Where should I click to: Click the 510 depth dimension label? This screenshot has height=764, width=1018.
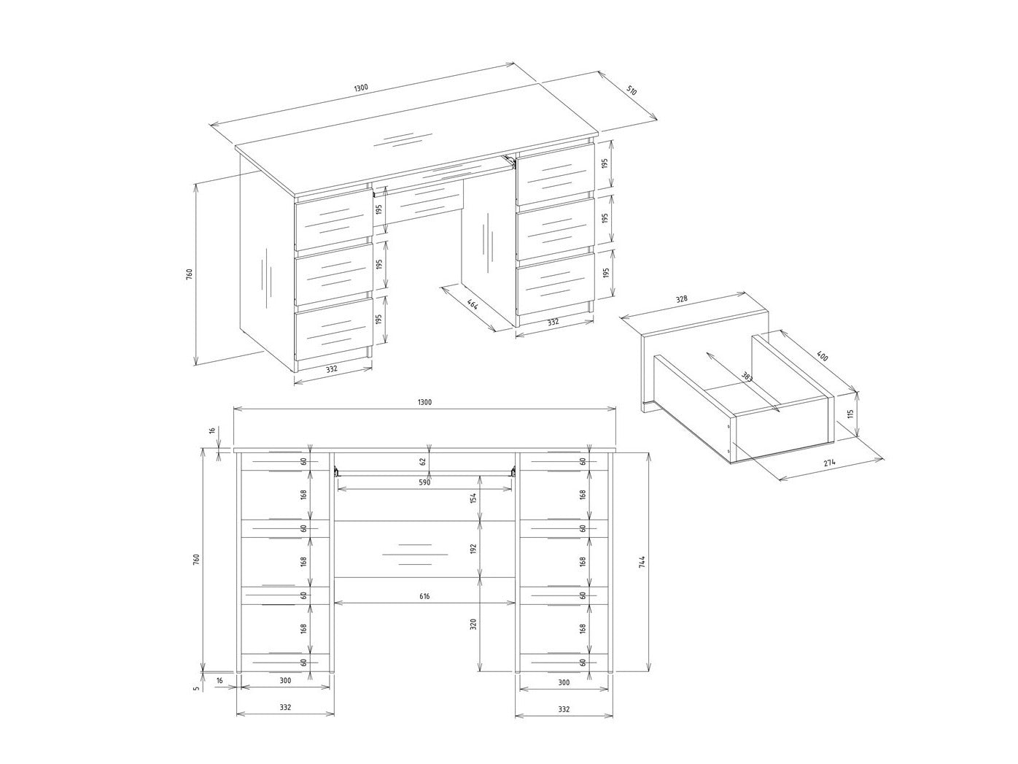(x=632, y=90)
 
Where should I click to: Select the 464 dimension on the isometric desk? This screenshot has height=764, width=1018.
(x=473, y=305)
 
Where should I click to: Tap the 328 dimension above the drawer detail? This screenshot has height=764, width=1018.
(x=681, y=299)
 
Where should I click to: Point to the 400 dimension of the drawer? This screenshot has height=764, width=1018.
(x=822, y=356)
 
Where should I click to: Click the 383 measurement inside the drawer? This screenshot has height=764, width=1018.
(x=747, y=376)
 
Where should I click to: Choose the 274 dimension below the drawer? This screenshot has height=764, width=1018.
(x=830, y=463)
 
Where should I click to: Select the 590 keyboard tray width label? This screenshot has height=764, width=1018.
(x=424, y=482)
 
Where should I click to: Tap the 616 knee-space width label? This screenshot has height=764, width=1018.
(x=424, y=596)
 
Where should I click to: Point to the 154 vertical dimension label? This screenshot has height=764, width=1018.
(x=473, y=498)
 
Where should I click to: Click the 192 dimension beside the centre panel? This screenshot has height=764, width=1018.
(x=473, y=549)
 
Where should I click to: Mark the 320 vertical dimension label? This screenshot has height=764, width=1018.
(x=473, y=624)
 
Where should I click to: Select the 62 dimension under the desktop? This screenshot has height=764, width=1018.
(x=422, y=462)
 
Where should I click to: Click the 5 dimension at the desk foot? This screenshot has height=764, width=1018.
(x=197, y=688)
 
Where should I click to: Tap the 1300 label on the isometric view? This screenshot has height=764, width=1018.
(x=361, y=88)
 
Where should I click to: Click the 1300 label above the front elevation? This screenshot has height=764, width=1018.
(x=424, y=402)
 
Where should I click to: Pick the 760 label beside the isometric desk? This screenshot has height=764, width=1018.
(x=189, y=274)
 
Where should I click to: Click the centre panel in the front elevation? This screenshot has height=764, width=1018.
(x=424, y=549)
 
